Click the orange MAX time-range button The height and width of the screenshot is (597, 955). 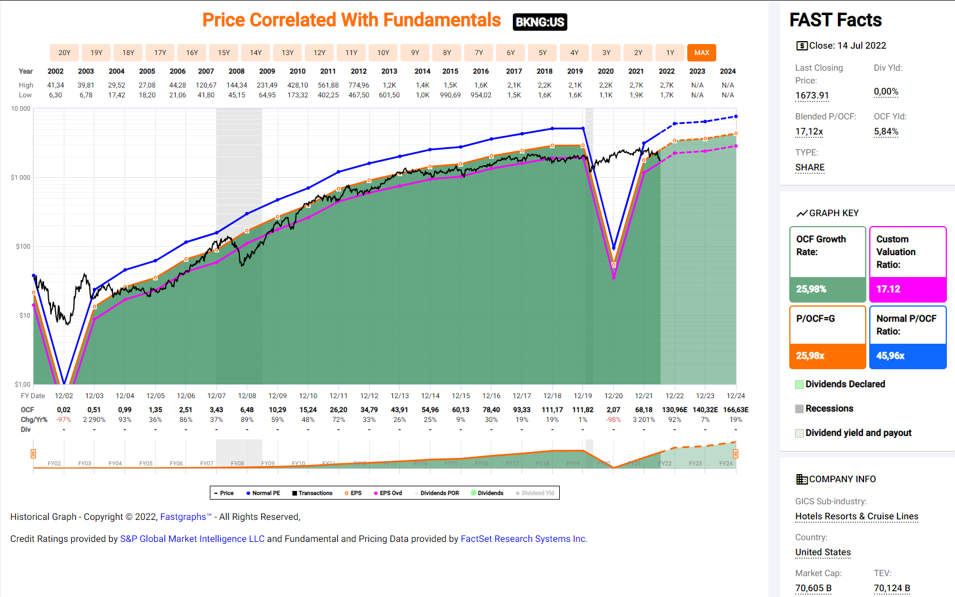pos(701,53)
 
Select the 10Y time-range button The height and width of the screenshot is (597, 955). pos(383,53)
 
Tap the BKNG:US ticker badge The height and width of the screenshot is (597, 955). pos(540,22)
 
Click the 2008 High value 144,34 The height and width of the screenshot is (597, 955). pos(236,85)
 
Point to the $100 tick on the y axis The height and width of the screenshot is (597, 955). pos(23,246)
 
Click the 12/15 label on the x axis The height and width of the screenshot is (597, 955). pos(461,396)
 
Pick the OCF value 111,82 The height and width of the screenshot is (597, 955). pos(582,410)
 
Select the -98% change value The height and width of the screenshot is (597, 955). pos(613,420)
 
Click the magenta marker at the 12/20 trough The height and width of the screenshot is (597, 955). pos(614,277)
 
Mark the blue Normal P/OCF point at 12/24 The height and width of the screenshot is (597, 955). pos(736,117)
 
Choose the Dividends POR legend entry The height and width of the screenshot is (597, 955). pos(439,493)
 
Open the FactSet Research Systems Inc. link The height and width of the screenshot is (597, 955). pos(524,539)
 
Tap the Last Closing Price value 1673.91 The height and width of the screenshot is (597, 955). pos(812,96)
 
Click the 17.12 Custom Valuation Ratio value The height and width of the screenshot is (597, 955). pos(888,289)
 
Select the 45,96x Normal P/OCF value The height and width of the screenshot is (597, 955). pos(890,356)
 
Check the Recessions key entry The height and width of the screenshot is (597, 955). pos(829,409)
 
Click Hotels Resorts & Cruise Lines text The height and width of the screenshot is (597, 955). pos(856,516)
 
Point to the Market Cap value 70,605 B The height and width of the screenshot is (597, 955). pos(813,588)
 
